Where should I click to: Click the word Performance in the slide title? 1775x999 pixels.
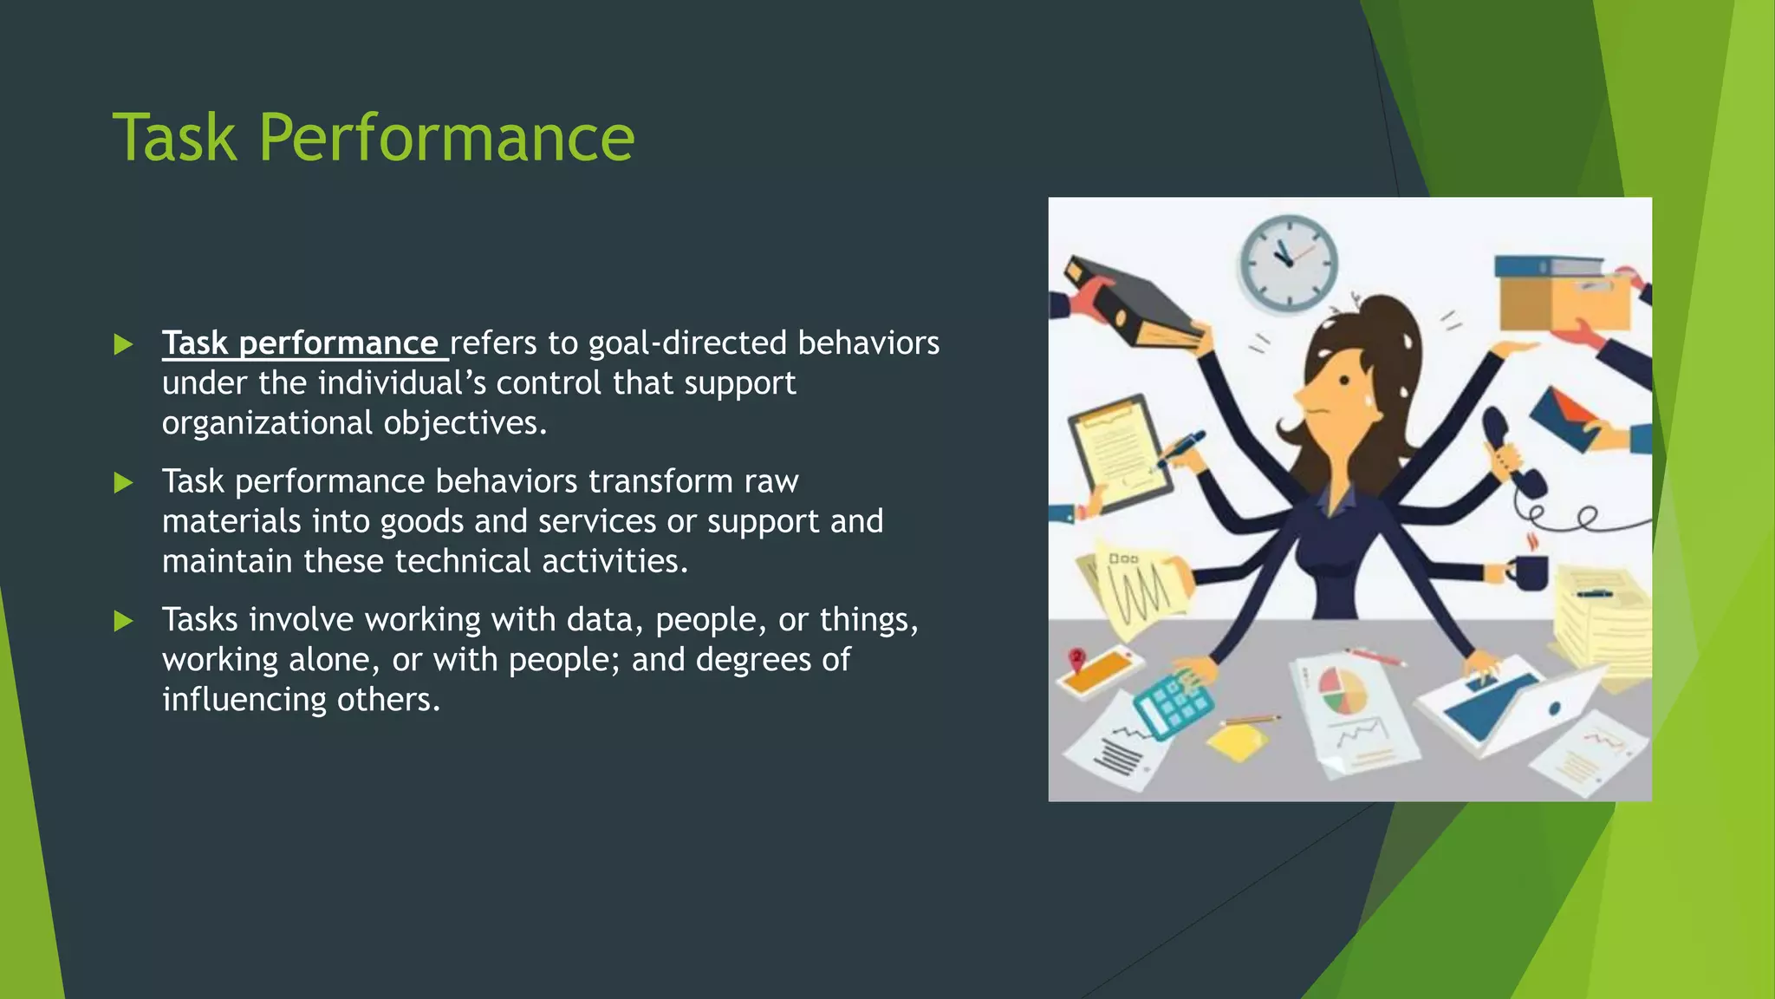point(446,139)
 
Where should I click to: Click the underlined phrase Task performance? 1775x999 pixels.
point(300,343)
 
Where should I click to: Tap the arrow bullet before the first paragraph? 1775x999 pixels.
point(123,345)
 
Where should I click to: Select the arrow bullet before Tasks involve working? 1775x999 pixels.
point(123,621)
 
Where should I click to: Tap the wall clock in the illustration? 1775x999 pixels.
point(1288,263)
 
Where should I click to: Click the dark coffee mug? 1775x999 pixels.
point(1530,572)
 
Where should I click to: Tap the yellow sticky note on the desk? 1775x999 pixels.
point(1238,741)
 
